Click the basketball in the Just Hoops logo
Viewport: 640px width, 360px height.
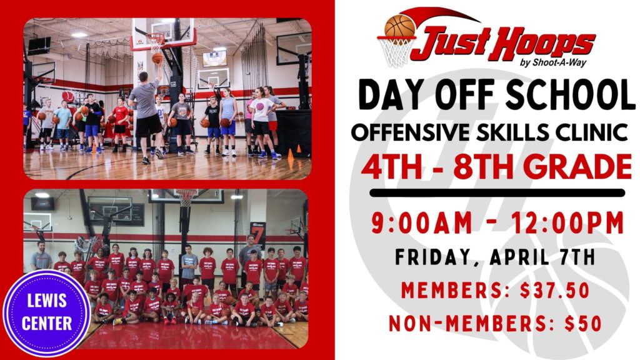tap(400, 26)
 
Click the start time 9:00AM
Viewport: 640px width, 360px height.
tap(421, 223)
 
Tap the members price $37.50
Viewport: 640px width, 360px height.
tap(555, 290)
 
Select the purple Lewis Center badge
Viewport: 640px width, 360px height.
tap(46, 313)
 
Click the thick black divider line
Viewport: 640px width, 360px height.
tap(497, 193)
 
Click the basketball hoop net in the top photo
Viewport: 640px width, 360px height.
tap(155, 44)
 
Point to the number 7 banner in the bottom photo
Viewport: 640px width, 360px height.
tap(258, 235)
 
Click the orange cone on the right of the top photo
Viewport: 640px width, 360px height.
tap(291, 156)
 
